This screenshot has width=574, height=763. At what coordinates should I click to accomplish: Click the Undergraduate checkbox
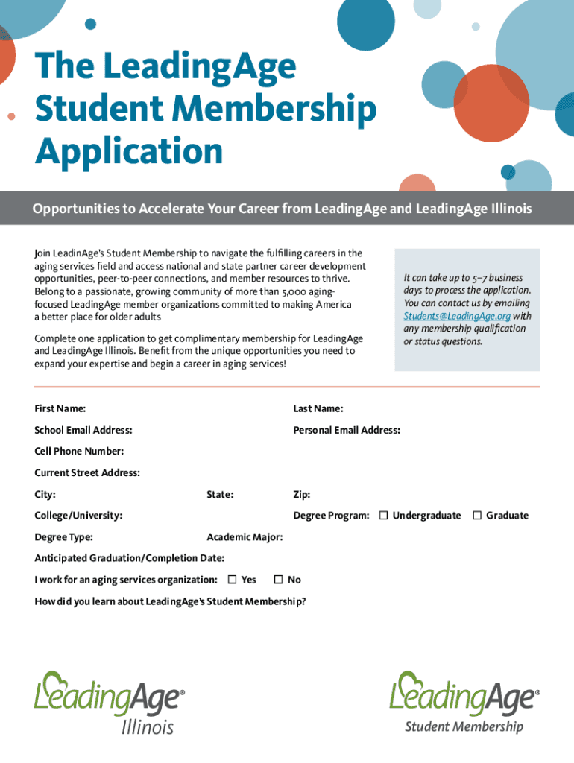pos(383,516)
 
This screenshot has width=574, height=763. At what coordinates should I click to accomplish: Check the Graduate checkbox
pos(477,516)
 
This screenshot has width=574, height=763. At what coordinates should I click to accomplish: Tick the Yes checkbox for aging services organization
pos(233,580)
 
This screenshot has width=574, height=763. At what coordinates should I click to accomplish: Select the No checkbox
pos(279,580)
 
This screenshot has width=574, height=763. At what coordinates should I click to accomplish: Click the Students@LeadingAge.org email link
pos(457,316)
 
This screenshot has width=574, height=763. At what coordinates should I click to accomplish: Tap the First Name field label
pos(60,408)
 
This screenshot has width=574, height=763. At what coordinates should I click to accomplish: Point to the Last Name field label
pos(318,408)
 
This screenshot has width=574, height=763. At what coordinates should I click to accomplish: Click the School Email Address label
pos(83,430)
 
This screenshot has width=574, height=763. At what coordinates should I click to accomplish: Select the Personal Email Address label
pos(347,430)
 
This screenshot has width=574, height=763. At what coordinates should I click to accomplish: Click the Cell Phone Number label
pos(79,451)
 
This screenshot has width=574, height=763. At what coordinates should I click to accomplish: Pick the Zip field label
pos(302,495)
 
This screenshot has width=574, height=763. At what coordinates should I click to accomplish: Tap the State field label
pos(220,495)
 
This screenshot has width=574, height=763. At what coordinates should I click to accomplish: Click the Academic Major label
pos(245,536)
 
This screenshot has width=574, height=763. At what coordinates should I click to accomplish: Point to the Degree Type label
pos(63,536)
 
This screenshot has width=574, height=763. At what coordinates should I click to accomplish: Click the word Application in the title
pos(128,151)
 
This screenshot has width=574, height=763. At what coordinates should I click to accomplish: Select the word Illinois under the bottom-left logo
pos(148,726)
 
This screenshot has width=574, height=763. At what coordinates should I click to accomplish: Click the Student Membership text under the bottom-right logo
pos(464,726)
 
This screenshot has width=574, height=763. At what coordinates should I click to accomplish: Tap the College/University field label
pos(78,516)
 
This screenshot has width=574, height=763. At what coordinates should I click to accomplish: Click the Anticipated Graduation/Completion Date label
pos(130,558)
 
